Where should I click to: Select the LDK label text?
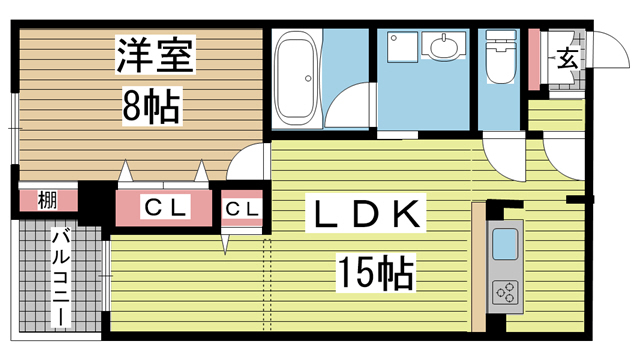pos(365,214)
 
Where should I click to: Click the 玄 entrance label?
pos(566,59)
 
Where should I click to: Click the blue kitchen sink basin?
pos(504,244)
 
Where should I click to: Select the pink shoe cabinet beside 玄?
pos(535,59)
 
